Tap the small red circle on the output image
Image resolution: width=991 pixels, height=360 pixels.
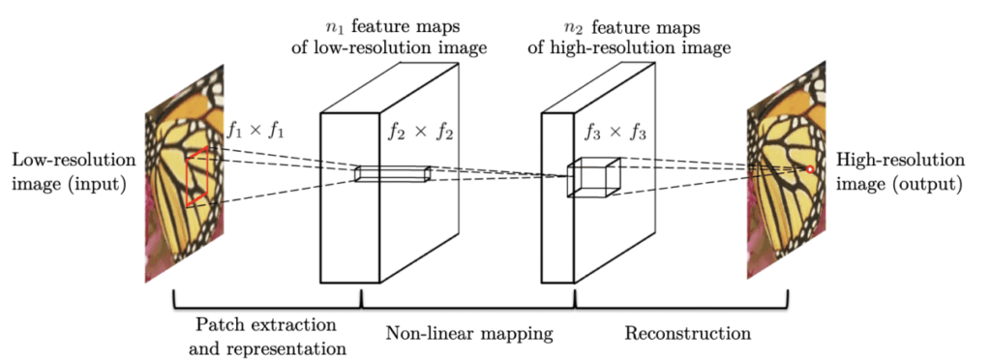[x=810, y=170]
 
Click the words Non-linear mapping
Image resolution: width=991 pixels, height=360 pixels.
[x=469, y=335]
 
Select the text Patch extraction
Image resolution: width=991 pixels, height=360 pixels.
[x=255, y=321]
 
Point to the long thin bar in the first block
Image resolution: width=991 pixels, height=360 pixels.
[x=392, y=174]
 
